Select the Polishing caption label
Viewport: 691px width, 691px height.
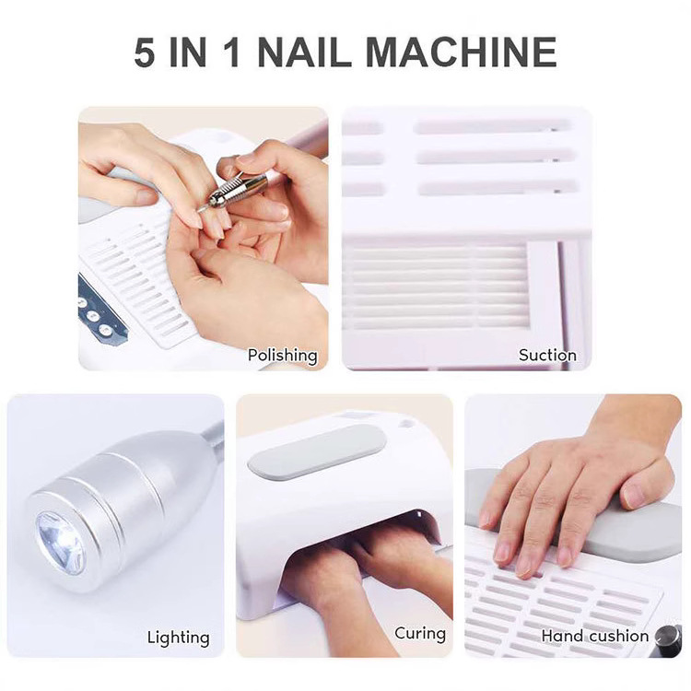pos(282,355)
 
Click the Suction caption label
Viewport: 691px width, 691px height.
pos(547,355)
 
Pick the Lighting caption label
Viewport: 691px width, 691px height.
pos(178,637)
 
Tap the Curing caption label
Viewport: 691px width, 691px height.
pos(420,633)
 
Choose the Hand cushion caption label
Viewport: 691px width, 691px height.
pos(594,636)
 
